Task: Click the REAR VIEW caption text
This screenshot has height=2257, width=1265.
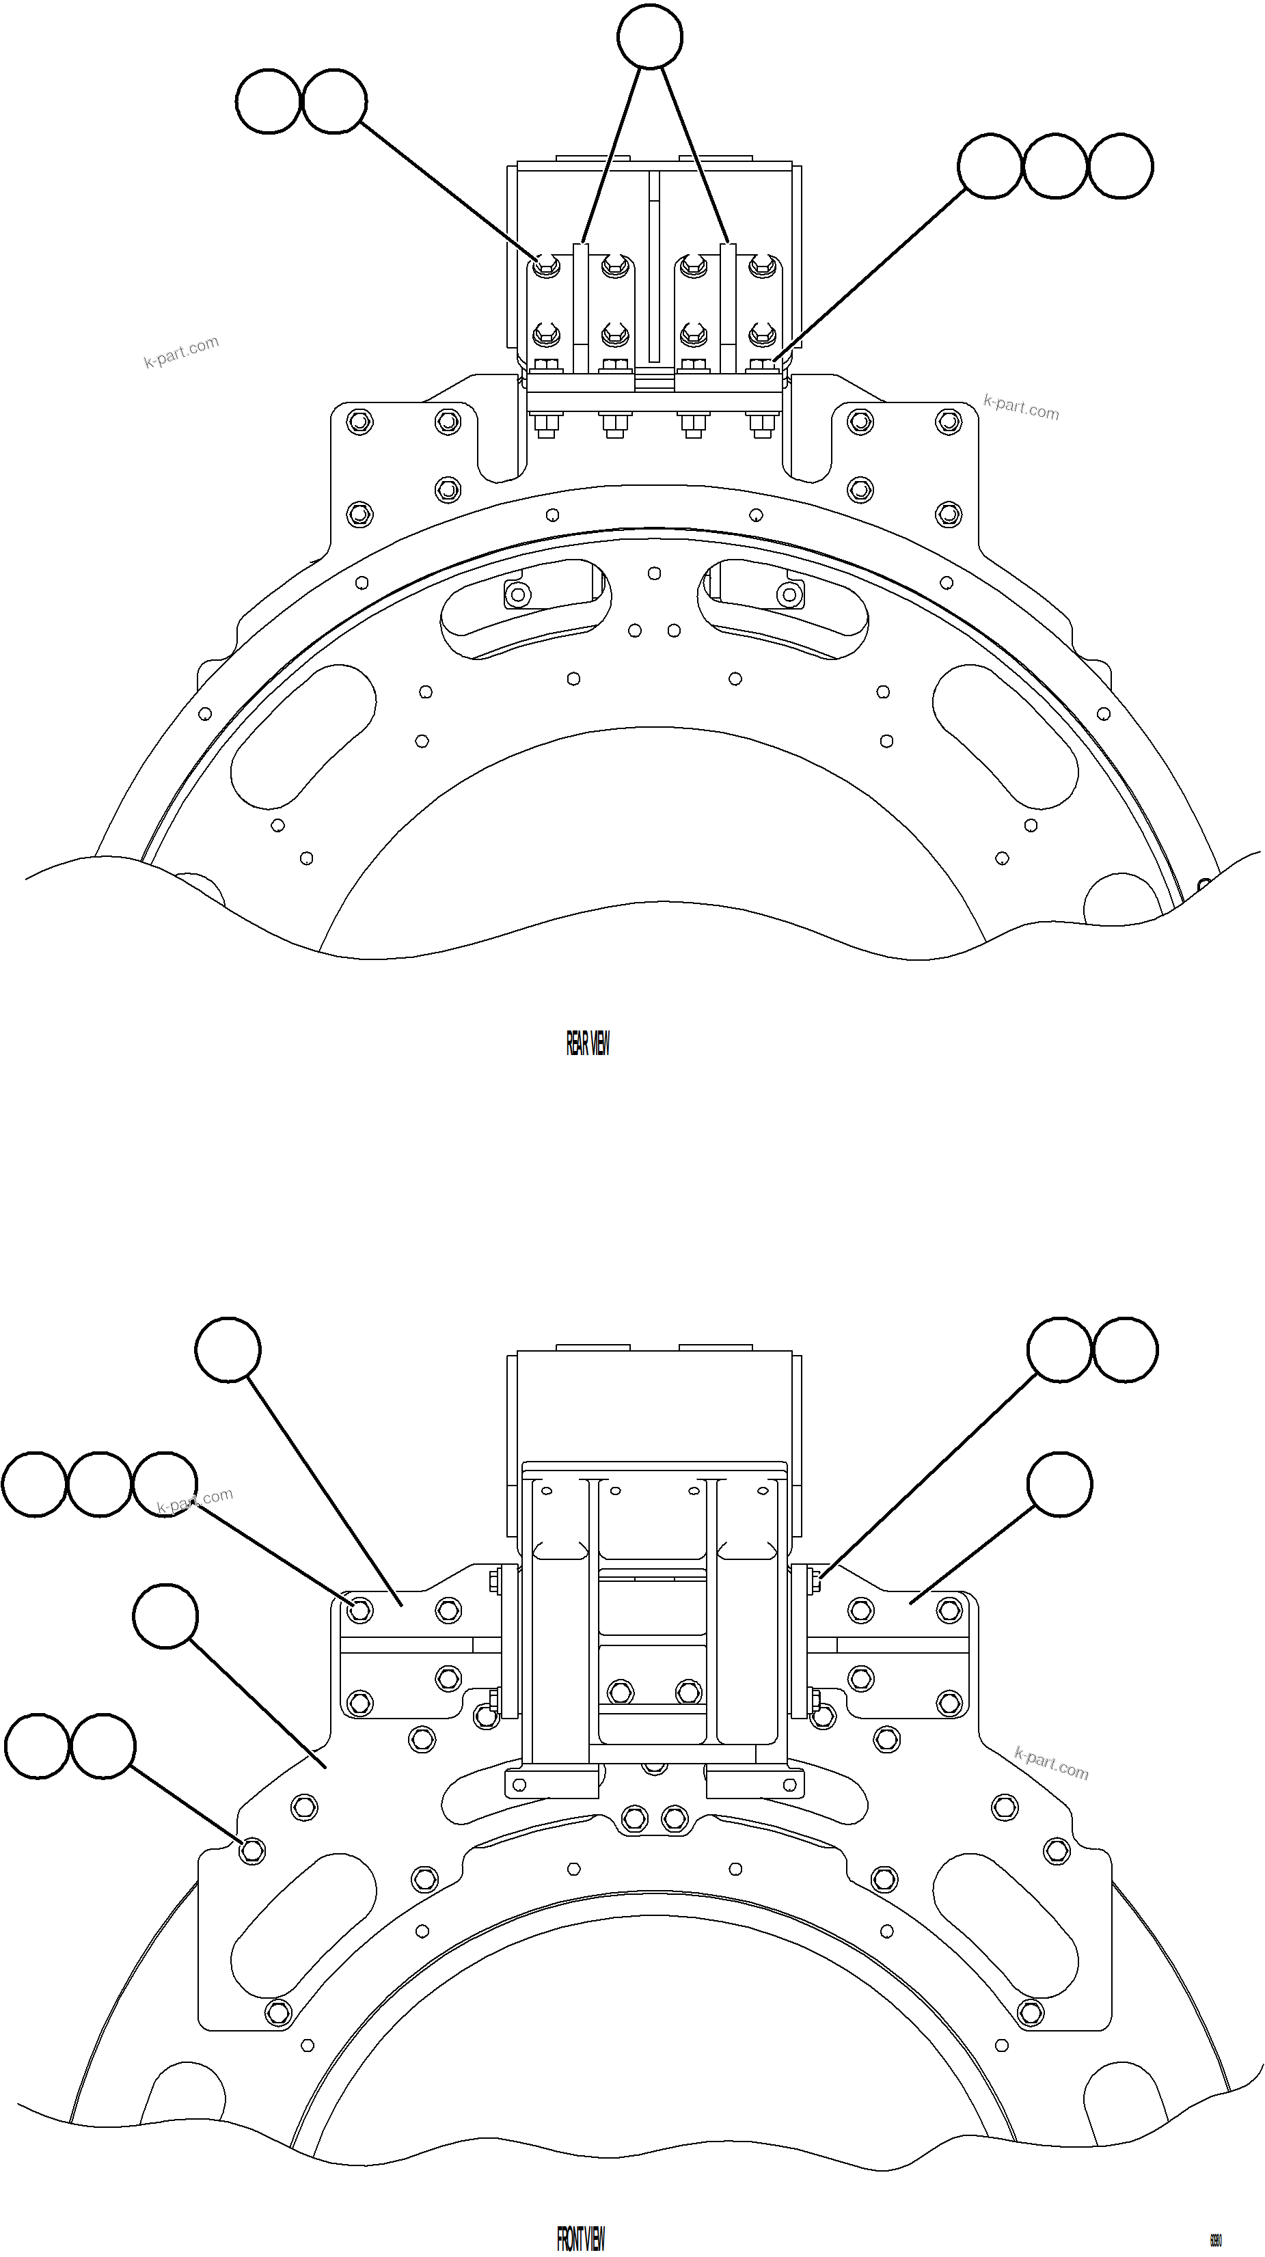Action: click(x=587, y=1043)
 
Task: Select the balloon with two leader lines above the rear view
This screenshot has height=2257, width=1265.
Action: click(x=649, y=36)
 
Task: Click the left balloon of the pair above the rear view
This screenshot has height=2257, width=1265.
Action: click(x=268, y=102)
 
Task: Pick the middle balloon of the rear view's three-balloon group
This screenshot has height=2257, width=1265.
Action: click(x=1055, y=167)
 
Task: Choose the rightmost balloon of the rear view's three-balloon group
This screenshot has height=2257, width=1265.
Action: click(x=1120, y=167)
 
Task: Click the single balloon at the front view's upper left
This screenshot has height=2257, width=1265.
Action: click(x=228, y=1350)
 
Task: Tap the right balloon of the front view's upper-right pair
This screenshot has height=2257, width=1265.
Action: click(x=1126, y=1350)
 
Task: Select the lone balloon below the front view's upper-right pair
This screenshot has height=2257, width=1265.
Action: click(x=1060, y=1484)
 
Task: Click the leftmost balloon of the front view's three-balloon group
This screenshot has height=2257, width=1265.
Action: click(x=34, y=1483)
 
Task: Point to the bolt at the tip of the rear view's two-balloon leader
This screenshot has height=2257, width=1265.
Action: click(x=547, y=264)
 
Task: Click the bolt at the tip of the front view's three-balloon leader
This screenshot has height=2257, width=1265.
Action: click(x=360, y=1609)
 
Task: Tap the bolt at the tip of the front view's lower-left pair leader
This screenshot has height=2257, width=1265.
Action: click(x=252, y=1850)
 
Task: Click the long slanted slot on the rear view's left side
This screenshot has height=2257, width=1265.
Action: click(x=303, y=736)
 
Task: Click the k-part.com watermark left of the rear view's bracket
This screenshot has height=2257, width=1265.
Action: click(x=181, y=352)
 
